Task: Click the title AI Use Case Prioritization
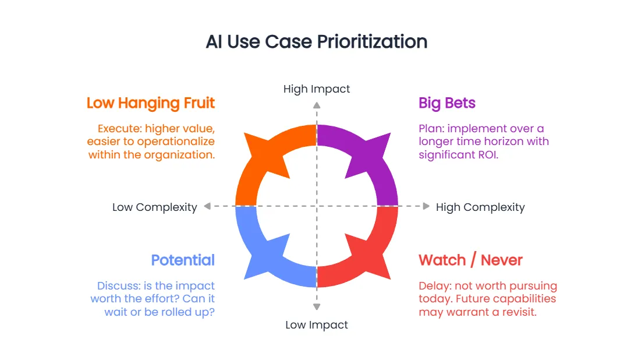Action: pyautogui.click(x=317, y=42)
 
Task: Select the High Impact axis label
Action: pyautogui.click(x=317, y=89)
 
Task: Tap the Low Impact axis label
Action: pyautogui.click(x=317, y=325)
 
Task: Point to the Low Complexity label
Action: pyautogui.click(x=155, y=207)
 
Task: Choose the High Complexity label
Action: pyautogui.click(x=480, y=207)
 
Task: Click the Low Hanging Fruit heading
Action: pyautogui.click(x=151, y=104)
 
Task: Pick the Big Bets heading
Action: pyautogui.click(x=446, y=104)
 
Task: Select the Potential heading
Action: pyautogui.click(x=183, y=260)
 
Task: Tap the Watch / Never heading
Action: pyautogui.click(x=470, y=260)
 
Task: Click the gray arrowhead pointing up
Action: pyautogui.click(x=317, y=105)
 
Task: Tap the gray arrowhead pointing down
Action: pyautogui.click(x=317, y=306)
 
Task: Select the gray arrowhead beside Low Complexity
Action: pyautogui.click(x=207, y=206)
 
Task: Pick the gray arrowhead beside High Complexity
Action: pyautogui.click(x=426, y=206)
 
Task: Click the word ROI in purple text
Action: pyautogui.click(x=488, y=155)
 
